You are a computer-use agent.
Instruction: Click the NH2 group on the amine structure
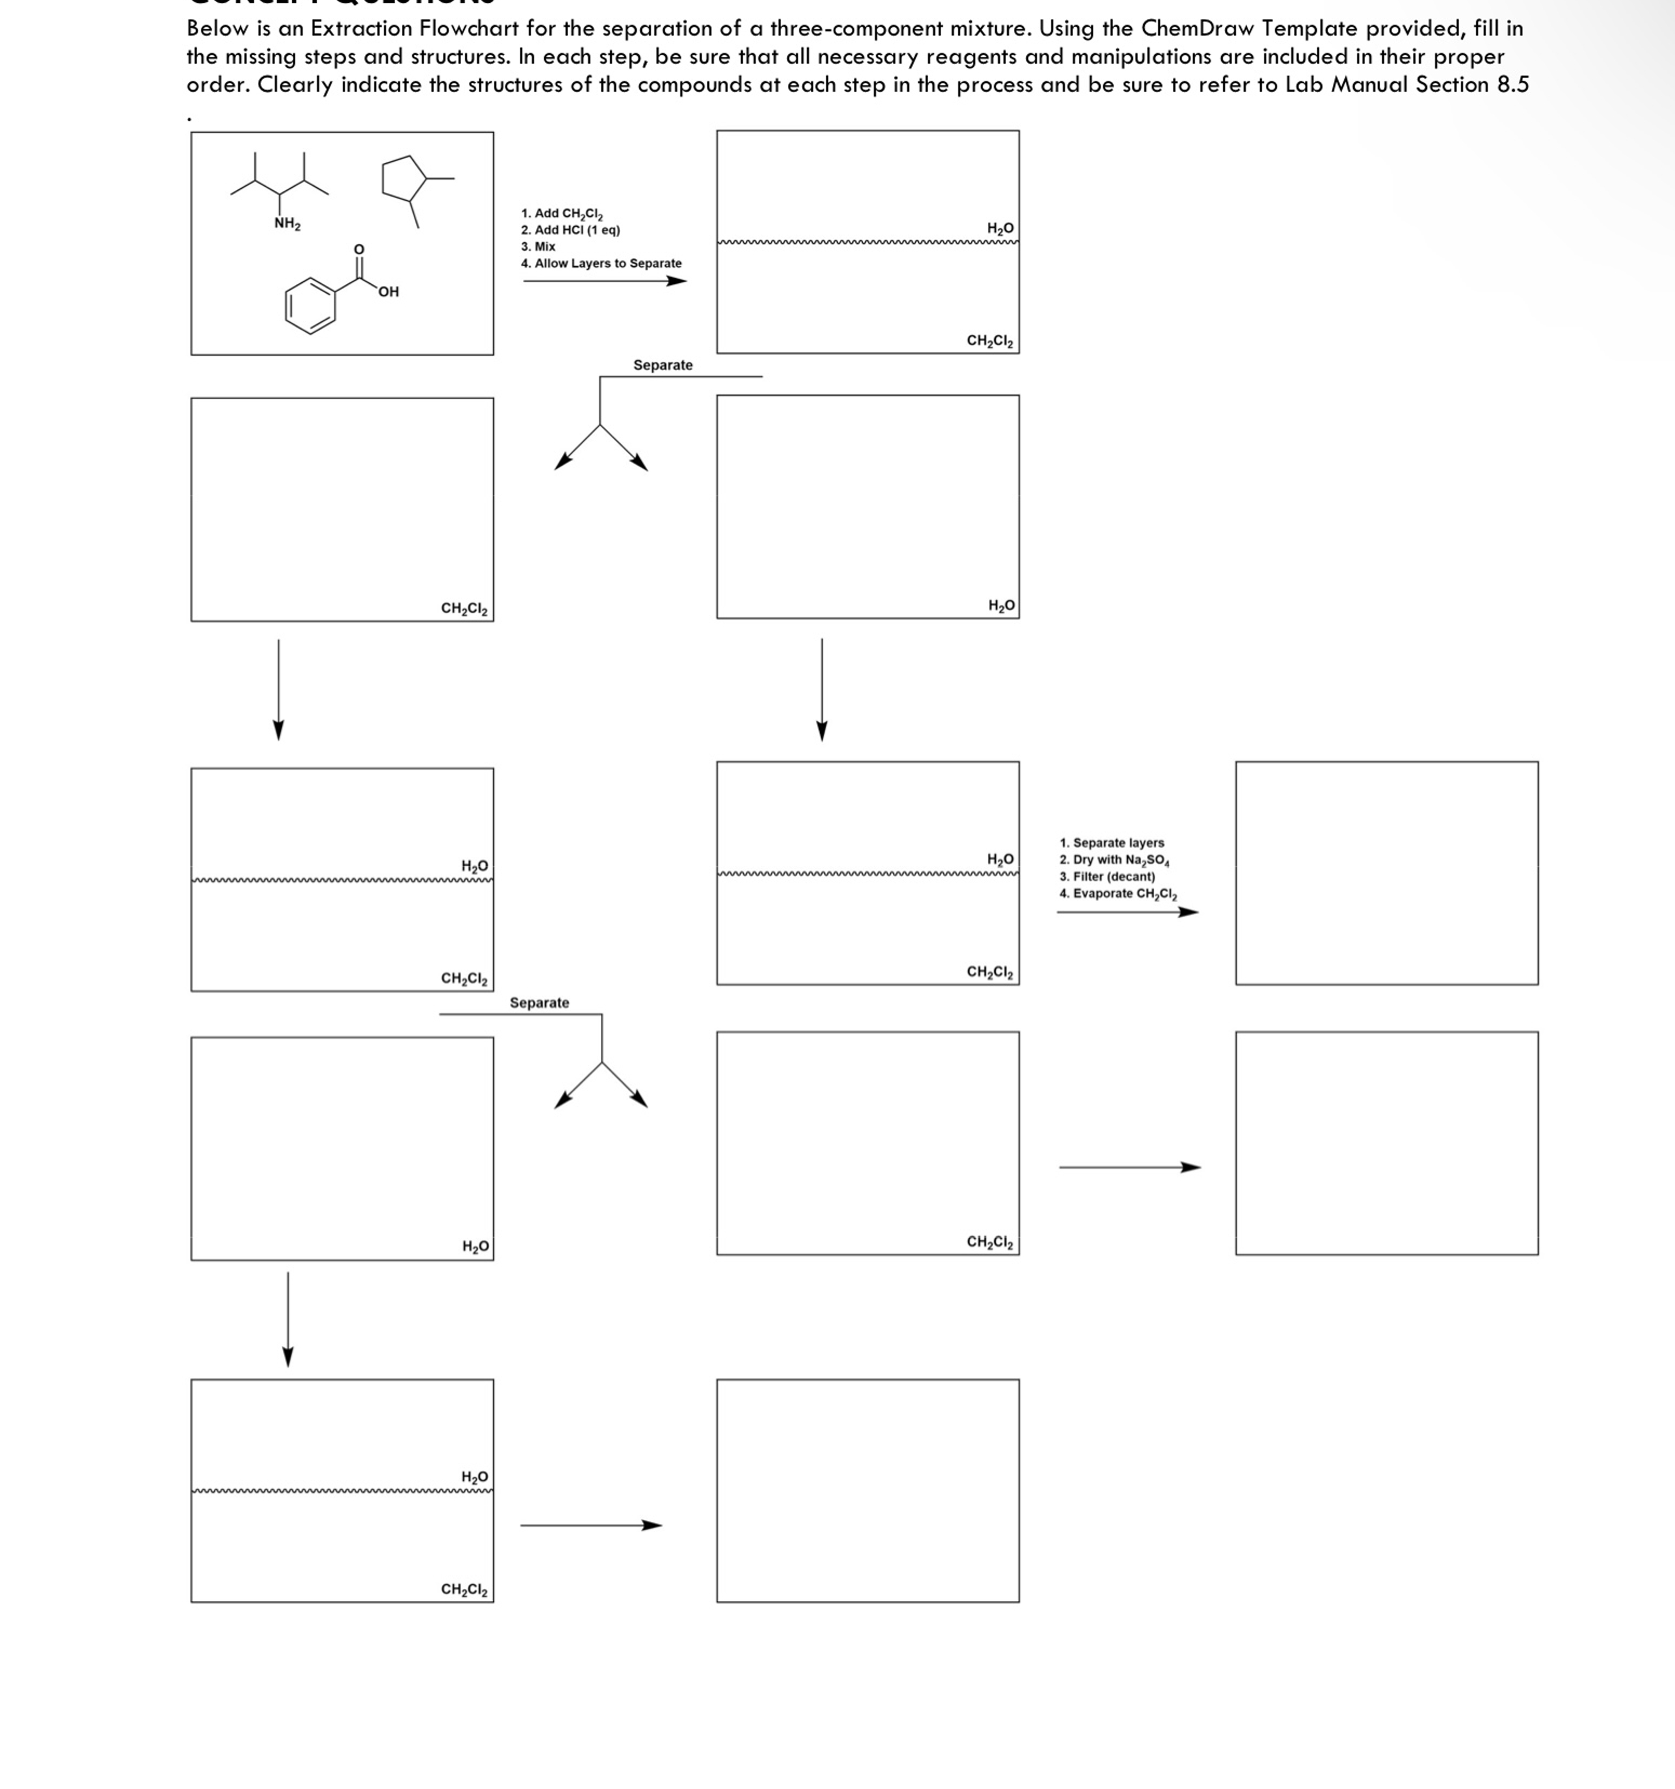(x=287, y=223)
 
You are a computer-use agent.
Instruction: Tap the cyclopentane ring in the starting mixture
(x=404, y=177)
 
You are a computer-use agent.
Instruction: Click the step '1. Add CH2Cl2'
(x=562, y=213)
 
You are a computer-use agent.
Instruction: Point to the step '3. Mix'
(x=538, y=247)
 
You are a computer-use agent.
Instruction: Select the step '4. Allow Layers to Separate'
(x=600, y=264)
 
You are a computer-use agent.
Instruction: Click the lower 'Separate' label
(x=539, y=1002)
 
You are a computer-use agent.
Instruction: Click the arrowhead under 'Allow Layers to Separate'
(x=677, y=281)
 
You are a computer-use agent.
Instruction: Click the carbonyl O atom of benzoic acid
(x=358, y=248)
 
